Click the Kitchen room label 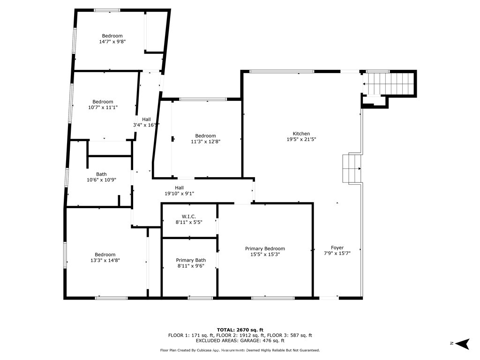coord(301,134)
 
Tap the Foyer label coord(337,247)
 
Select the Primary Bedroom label coord(265,248)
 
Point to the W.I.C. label coord(188,217)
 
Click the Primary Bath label coord(191,260)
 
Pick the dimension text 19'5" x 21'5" coord(301,139)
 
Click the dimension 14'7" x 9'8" coord(112,42)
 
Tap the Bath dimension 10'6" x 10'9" coord(101,180)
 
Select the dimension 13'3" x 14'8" coord(105,261)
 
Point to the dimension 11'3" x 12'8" coord(205,142)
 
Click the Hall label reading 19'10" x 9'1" coord(180,194)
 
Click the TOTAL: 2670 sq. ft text coord(240,330)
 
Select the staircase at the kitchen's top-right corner coord(390,84)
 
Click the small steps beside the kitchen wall coord(352,169)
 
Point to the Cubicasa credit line coord(240,350)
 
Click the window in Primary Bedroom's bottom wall coord(273,298)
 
